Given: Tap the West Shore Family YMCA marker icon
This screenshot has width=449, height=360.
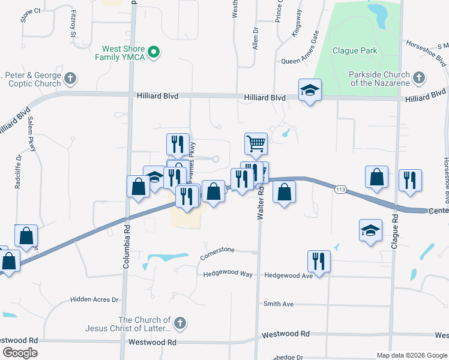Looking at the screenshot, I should click(154, 52).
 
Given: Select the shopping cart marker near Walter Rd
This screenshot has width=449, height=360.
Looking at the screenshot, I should click(256, 144).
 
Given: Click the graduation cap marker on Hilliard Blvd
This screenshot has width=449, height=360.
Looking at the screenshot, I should click(310, 91).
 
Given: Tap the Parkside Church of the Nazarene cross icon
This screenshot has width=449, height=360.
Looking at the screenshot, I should click(418, 78).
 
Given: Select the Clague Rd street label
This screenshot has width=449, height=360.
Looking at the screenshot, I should click(394, 229).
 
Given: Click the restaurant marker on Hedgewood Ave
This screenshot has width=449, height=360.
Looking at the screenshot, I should click(318, 261).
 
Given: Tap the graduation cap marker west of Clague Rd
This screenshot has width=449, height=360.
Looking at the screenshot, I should click(370, 230).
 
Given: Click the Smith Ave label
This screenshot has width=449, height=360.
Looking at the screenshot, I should click(279, 304).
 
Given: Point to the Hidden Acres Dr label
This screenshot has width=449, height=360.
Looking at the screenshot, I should click(95, 299).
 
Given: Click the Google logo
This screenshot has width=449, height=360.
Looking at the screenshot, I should click(20, 353).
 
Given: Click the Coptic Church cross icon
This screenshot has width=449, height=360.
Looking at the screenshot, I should click(70, 78).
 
